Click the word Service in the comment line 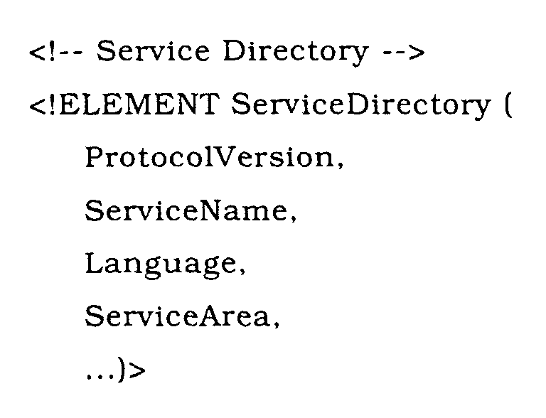153,51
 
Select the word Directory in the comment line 295,53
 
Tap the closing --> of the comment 404,53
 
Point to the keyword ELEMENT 139,104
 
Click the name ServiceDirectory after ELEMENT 360,106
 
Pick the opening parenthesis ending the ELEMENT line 508,105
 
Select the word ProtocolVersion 209,157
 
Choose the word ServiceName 186,210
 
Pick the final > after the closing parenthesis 136,370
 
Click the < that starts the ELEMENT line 38,105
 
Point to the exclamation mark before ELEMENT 53,104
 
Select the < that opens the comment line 38,53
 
